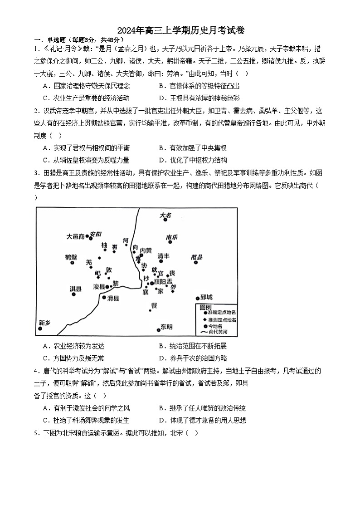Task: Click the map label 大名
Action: click(166, 216)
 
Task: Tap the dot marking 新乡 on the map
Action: click(41, 329)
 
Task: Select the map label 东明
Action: click(166, 327)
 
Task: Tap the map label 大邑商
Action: click(75, 236)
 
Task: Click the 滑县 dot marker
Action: click(104, 298)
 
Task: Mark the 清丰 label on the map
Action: click(163, 256)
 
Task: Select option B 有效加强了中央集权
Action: click(192, 148)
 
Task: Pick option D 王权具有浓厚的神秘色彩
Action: click(199, 98)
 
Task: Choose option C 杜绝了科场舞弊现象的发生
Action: click(86, 421)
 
